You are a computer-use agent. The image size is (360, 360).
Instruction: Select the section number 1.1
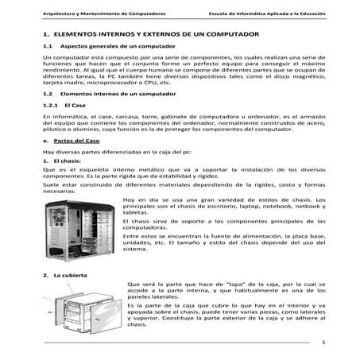click(x=48, y=48)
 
